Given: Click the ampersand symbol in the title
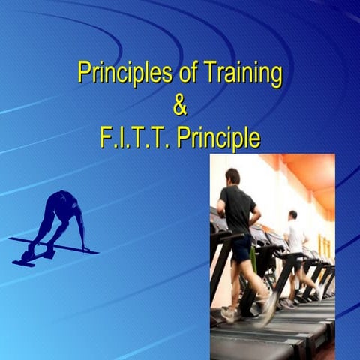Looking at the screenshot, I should (180, 106).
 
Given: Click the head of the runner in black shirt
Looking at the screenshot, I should (232, 177).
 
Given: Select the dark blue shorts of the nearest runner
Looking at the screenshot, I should (241, 248).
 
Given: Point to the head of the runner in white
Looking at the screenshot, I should (292, 215).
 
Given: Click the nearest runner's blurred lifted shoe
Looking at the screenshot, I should (268, 307).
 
